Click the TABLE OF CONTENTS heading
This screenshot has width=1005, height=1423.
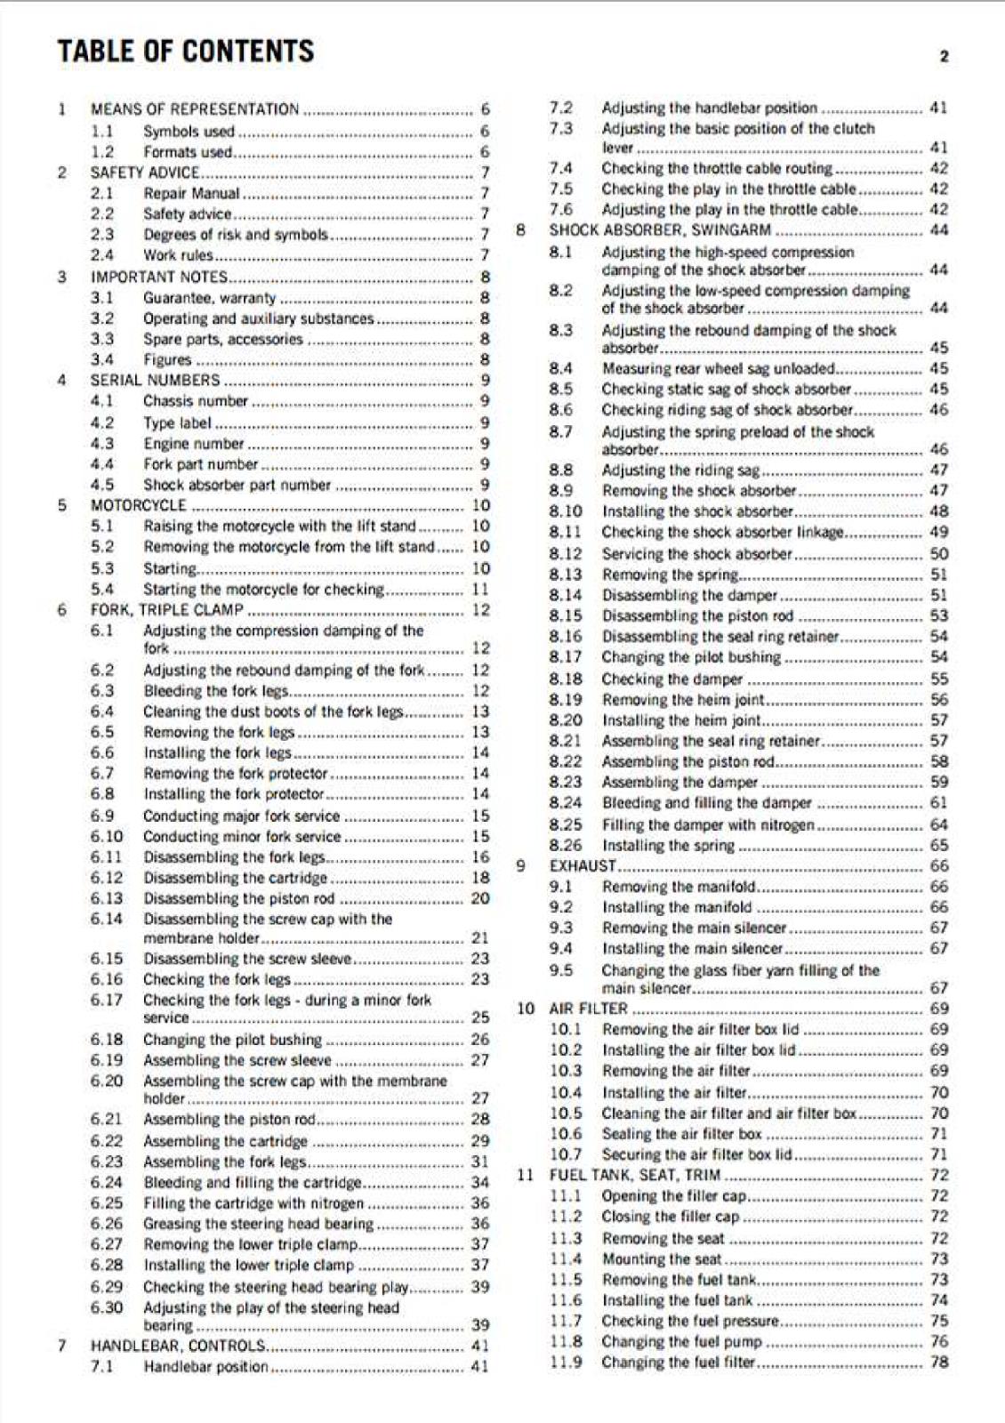coord(186,52)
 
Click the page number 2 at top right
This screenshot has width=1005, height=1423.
coord(944,57)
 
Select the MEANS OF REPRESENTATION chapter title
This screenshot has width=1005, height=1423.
coord(195,109)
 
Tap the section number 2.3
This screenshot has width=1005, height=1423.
coord(102,235)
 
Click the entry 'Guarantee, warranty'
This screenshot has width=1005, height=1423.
coord(210,298)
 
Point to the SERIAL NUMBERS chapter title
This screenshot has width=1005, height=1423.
coord(155,380)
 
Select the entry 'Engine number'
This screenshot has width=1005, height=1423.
coord(194,443)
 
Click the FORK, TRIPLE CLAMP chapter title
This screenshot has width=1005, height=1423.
coord(166,610)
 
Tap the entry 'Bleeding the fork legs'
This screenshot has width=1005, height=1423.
coord(216,691)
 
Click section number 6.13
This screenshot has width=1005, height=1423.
coord(107,898)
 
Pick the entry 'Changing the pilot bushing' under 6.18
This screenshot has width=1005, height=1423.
coord(233,1040)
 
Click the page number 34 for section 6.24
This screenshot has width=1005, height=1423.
coord(480,1183)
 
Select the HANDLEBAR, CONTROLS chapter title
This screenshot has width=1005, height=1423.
coord(178,1346)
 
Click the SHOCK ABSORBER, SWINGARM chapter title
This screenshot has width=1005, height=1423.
coord(660,230)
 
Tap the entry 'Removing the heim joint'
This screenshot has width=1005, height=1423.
coord(683,700)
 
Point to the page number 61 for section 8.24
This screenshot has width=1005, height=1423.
coord(939,803)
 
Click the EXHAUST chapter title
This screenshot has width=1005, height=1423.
coord(583,865)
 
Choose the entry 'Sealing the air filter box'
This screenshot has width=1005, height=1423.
coord(682,1134)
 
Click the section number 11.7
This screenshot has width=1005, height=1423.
coord(566,1321)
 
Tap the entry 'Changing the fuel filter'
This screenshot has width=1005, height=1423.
coord(678,1363)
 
